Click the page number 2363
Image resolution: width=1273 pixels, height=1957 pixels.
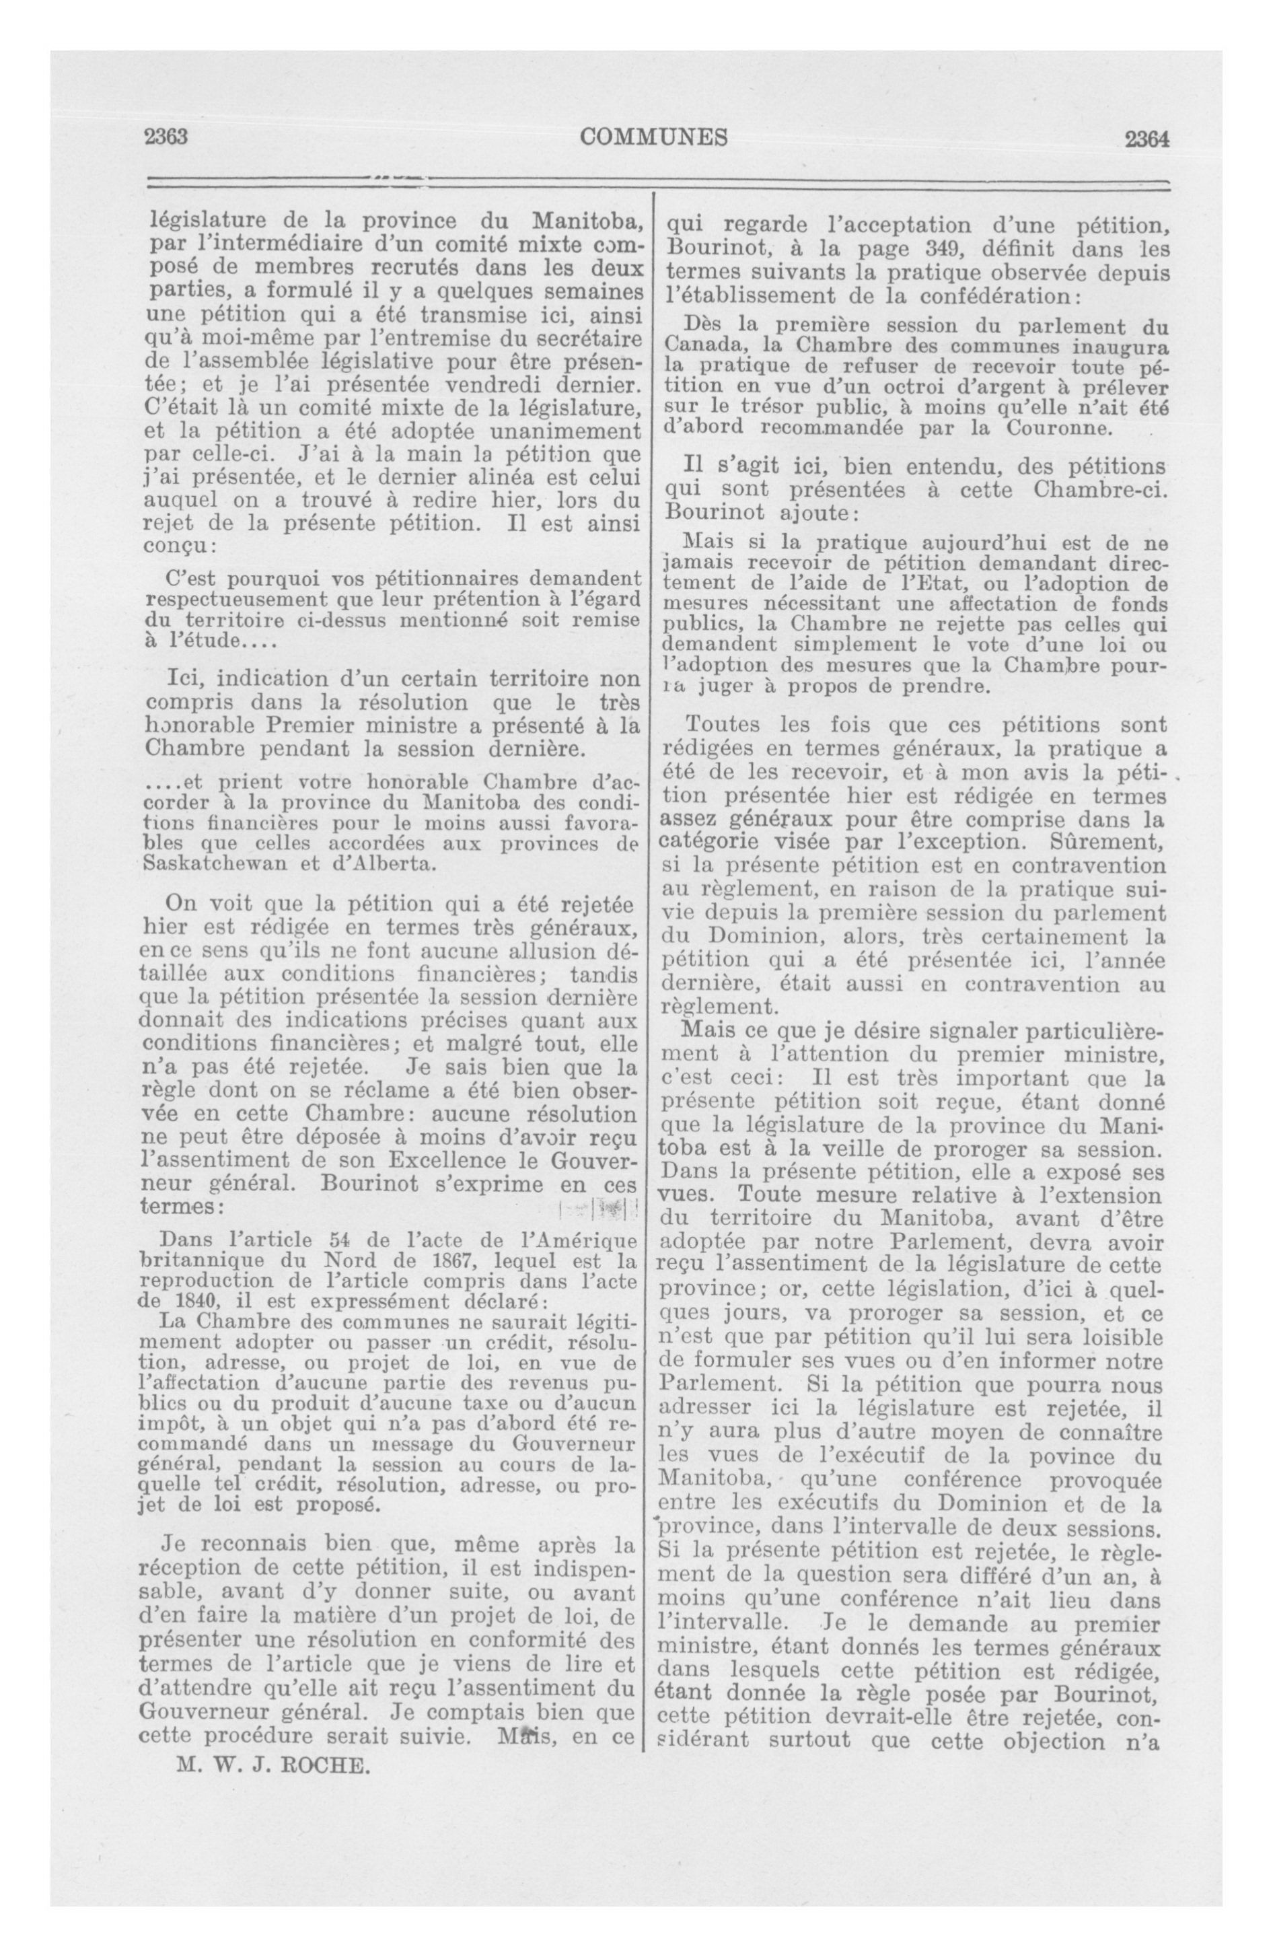[x=167, y=137]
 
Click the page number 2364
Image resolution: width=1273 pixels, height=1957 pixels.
[x=1147, y=139]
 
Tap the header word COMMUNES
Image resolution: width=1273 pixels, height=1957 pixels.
[x=654, y=137]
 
